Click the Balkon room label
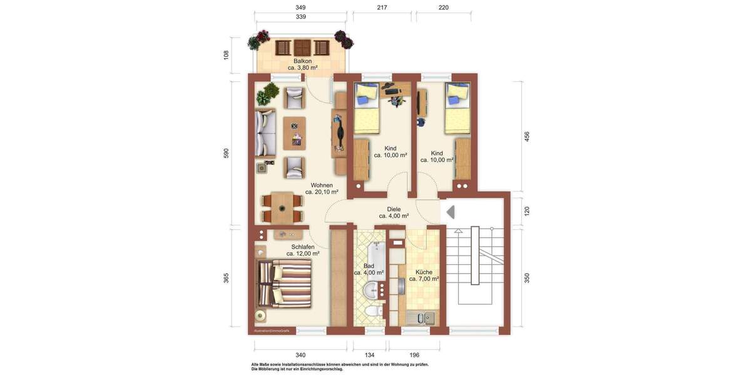click(302, 61)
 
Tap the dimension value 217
click(382, 7)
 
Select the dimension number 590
click(226, 154)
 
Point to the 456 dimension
click(526, 136)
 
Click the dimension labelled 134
click(369, 355)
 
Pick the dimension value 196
click(414, 355)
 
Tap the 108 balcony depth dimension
click(226, 54)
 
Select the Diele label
click(394, 209)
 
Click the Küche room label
click(424, 272)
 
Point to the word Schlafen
click(303, 247)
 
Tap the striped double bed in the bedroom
click(285, 284)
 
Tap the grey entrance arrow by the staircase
click(450, 212)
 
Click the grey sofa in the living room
click(266, 134)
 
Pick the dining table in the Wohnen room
click(282, 207)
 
